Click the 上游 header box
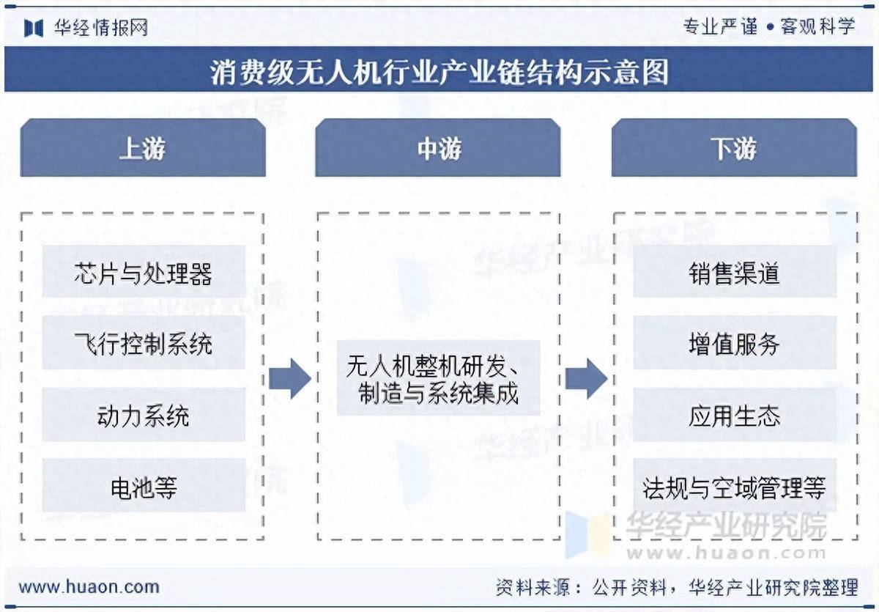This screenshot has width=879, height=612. click(143, 149)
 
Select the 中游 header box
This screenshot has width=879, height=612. click(438, 149)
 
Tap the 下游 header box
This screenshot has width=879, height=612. click(734, 149)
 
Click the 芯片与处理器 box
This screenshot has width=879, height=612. click(144, 273)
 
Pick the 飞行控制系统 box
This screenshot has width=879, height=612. click(144, 343)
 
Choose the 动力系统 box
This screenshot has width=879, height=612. click(144, 416)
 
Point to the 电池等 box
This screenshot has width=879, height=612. click(144, 486)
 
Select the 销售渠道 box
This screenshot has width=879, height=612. click(734, 273)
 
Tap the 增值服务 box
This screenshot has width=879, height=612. click(734, 343)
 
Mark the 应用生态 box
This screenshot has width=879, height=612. click(734, 416)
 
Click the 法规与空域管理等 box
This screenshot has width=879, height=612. click(734, 486)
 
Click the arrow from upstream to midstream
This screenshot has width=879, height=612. click(290, 379)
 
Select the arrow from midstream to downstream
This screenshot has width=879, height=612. click(586, 379)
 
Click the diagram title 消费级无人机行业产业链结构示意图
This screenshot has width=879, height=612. click(439, 72)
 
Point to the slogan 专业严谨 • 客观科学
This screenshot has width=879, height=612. click(768, 27)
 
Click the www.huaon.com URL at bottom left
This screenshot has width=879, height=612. click(89, 586)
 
